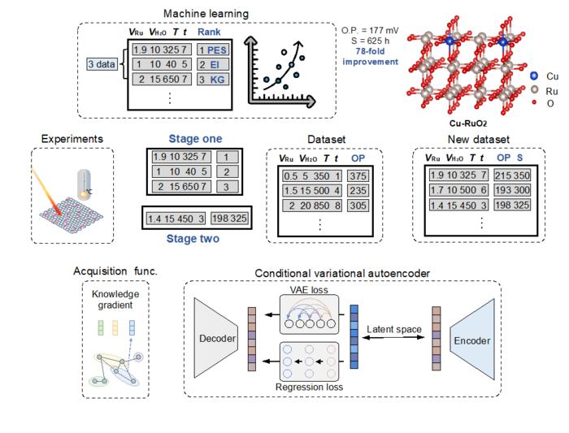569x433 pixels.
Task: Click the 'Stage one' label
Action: (195, 138)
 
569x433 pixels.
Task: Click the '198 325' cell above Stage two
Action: (229, 219)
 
